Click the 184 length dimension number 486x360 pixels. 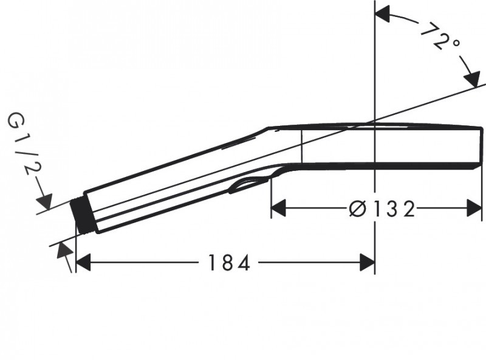click(228, 263)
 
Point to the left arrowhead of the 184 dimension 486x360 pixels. click(82, 263)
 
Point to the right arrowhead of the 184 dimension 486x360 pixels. click(367, 263)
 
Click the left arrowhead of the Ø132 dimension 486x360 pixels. click(278, 209)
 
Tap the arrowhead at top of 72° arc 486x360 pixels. click(383, 15)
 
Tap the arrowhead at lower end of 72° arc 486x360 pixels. click(471, 79)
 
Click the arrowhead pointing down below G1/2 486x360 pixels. click(46, 201)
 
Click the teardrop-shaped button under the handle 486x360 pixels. click(249, 184)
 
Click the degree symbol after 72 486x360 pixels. click(455, 44)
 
